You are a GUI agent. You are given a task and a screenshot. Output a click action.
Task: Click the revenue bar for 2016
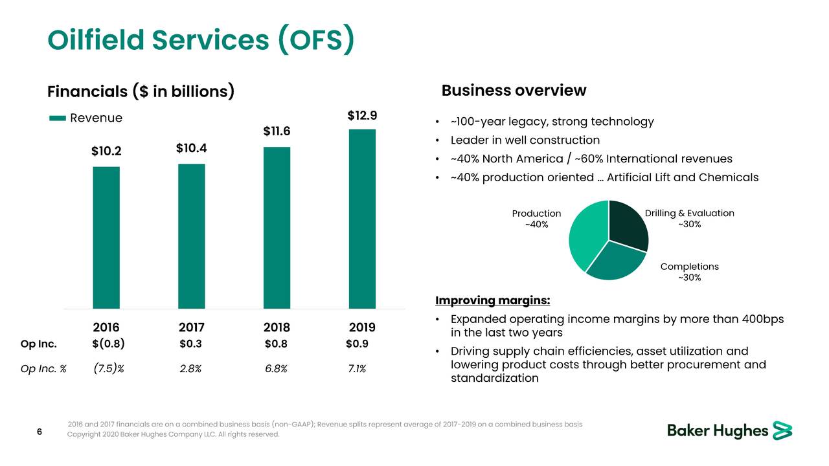pos(106,237)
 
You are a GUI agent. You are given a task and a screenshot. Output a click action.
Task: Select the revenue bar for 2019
pos(362,219)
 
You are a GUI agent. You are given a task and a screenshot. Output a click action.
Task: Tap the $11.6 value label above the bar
pos(277,131)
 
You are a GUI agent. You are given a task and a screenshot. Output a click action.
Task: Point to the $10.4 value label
pos(191,148)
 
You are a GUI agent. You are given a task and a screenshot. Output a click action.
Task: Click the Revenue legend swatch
pos(58,118)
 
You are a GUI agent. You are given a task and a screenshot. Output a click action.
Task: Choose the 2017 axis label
pos(191,327)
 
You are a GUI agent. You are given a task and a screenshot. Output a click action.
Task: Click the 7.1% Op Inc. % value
pos(356,369)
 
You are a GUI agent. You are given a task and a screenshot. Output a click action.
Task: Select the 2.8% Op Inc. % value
pos(190,369)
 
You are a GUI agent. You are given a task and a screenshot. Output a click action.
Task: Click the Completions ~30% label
pos(689,272)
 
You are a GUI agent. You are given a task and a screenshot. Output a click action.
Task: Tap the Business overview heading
pos(514,91)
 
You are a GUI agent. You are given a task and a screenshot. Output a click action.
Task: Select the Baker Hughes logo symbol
pos(782,431)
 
